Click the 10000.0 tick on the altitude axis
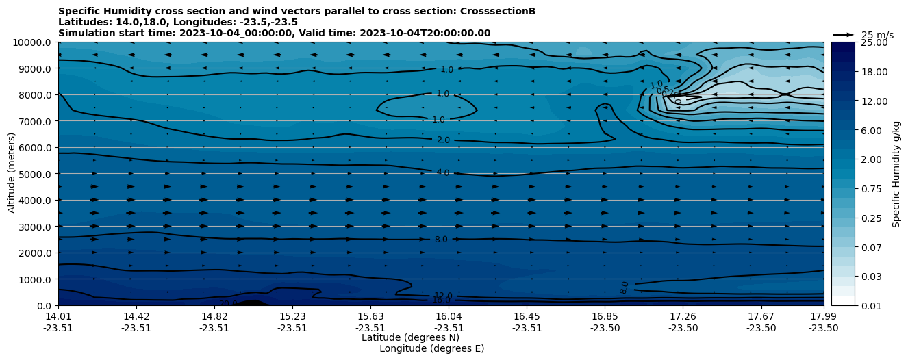coord(33,42)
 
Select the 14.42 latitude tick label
coord(136,316)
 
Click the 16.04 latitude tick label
coord(449,316)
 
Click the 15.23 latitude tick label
coord(292,316)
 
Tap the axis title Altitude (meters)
coord(12,174)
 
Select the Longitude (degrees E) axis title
coord(431,348)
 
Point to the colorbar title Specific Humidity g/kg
coord(896,174)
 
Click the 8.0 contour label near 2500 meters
coord(441,240)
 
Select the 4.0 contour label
coord(443,173)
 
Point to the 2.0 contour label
coord(443,140)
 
